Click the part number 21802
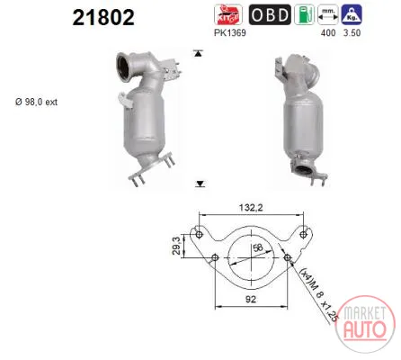(103, 17)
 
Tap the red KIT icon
(228, 14)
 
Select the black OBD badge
(270, 14)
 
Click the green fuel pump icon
(304, 14)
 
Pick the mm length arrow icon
(328, 14)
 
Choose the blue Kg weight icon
(352, 14)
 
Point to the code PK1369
(230, 32)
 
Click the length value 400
(328, 33)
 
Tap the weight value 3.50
(352, 33)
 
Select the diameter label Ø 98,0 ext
(36, 102)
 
